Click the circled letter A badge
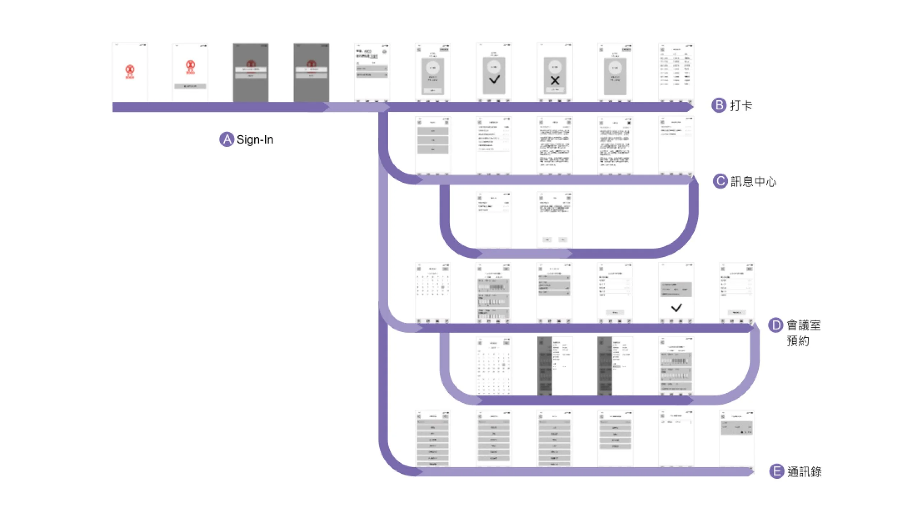(x=226, y=140)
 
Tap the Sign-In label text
(x=255, y=140)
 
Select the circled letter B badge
(x=719, y=105)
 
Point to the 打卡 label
(x=741, y=106)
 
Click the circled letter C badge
(x=720, y=181)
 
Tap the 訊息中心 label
(x=754, y=182)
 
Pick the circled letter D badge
(x=776, y=325)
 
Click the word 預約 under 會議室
(x=798, y=341)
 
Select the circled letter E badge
(x=776, y=471)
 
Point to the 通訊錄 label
(x=804, y=472)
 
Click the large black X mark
(x=555, y=81)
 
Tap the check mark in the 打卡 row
(x=494, y=80)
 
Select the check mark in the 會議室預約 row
(x=676, y=308)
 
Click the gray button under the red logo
(x=190, y=86)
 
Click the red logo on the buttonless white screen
(x=130, y=71)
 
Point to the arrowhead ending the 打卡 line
(x=690, y=107)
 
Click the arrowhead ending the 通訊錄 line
(x=750, y=472)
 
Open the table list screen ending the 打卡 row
(x=676, y=72)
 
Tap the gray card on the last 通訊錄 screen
(x=736, y=428)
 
